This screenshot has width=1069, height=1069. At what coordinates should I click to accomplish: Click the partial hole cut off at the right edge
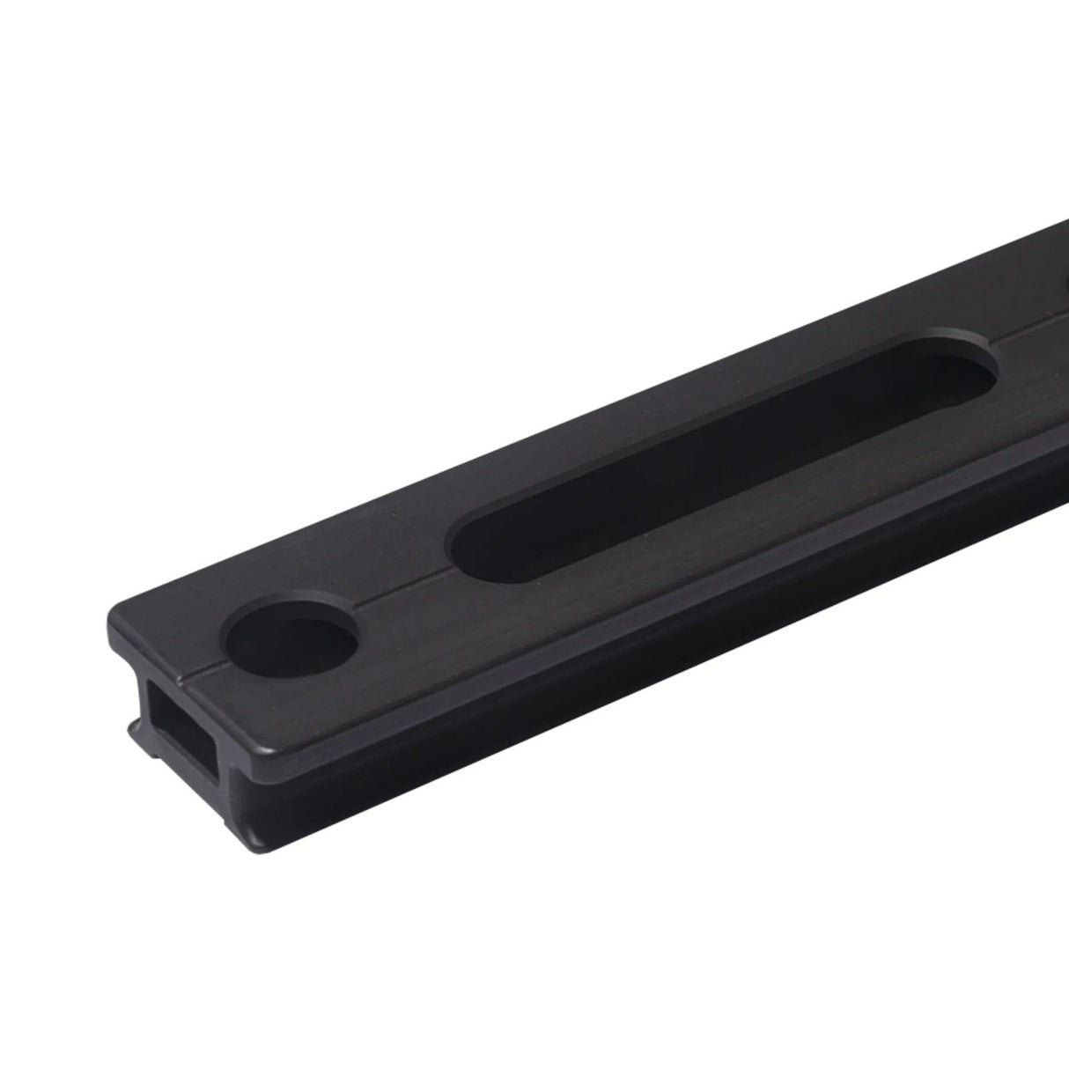1064,291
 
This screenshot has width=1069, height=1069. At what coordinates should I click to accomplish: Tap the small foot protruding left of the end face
134,730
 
